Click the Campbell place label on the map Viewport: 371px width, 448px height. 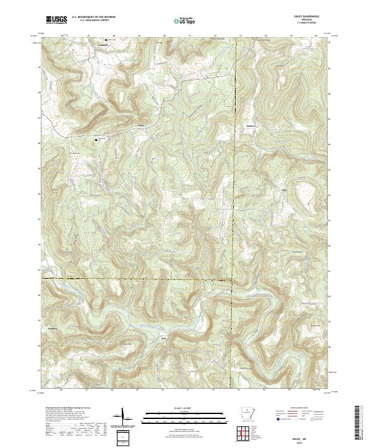coord(104,45)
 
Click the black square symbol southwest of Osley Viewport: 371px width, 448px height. coord(96,140)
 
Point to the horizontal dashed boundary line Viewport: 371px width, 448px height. coord(136,279)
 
